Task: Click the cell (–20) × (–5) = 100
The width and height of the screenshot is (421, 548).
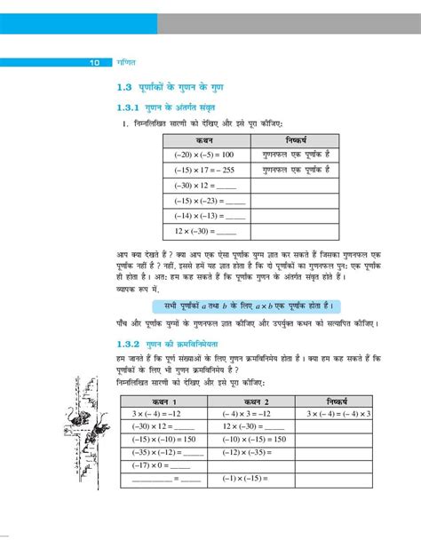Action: click(204, 155)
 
